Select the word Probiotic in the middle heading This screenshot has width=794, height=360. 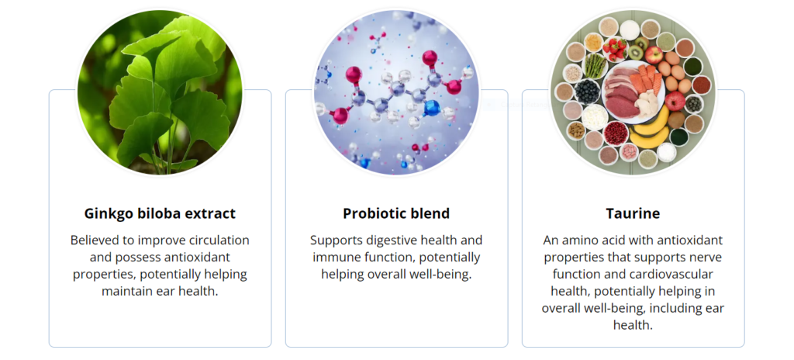[371, 213]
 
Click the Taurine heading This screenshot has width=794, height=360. [633, 213]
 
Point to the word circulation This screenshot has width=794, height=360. [217, 240]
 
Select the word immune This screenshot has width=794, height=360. [335, 257]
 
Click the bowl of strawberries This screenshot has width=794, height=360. [615, 48]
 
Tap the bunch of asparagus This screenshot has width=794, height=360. [595, 65]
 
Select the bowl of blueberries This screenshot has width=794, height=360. [588, 92]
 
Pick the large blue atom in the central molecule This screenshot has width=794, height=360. [431, 108]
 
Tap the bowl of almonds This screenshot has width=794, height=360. [576, 131]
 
